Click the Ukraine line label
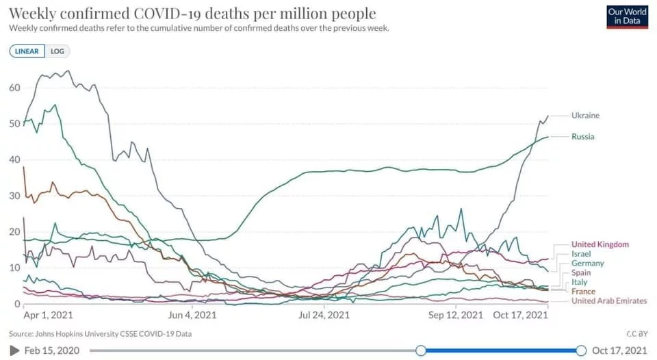point(585,116)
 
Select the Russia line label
point(582,137)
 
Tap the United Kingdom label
point(600,244)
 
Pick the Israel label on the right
point(581,254)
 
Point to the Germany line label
point(587,263)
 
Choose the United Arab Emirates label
point(608,301)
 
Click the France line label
point(583,292)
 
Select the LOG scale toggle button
point(57,51)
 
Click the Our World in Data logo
point(627,16)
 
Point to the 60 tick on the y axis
point(14,88)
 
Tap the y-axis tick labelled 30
point(14,196)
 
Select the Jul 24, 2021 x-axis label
point(324,316)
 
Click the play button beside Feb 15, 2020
point(15,350)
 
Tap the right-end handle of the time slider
point(581,350)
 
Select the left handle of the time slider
point(421,350)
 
